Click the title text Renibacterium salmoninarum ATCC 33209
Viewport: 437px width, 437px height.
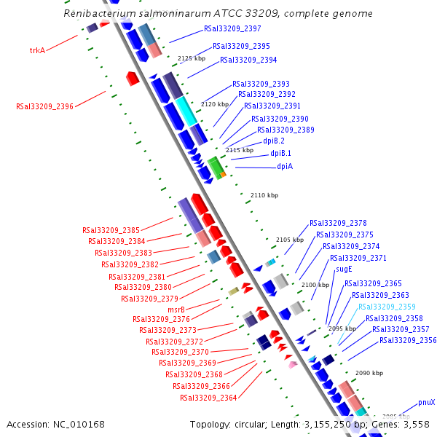pos(218,13)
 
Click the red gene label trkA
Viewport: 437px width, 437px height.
pos(37,50)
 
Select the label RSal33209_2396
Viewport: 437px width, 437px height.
pos(44,106)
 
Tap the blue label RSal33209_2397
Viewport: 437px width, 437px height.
pos(232,28)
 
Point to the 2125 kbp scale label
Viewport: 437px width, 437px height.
pos(192,58)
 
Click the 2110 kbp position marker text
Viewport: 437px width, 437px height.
pos(264,195)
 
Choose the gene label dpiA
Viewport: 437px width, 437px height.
pos(285,167)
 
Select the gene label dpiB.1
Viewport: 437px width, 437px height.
pos(280,154)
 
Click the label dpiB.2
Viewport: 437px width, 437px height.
pos(274,141)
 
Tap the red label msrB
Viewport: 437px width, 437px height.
pos(177,310)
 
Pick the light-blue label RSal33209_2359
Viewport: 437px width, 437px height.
pos(387,307)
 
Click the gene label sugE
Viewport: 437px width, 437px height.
pos(344,269)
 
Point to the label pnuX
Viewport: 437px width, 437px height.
pos(427,402)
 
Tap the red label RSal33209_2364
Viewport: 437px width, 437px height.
pos(209,398)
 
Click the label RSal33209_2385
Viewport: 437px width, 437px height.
pos(111,231)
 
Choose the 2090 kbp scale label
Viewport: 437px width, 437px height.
pos(369,373)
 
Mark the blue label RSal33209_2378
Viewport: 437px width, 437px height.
pos(338,223)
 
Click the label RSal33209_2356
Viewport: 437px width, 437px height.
pos(408,340)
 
